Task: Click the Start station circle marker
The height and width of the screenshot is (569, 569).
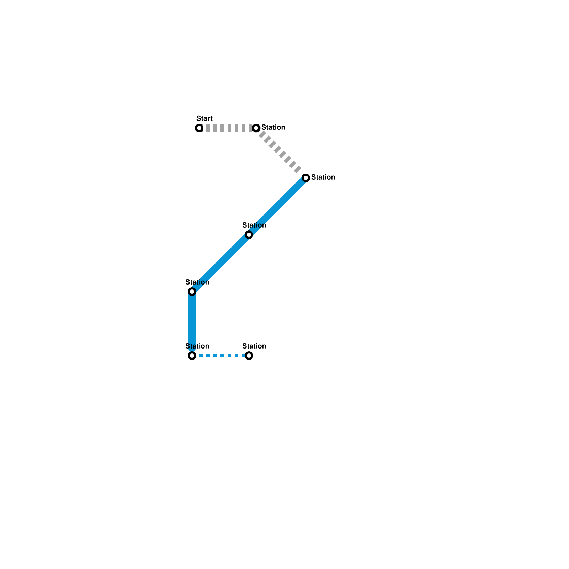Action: pos(199,128)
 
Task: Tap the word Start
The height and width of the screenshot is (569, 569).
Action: pos(204,118)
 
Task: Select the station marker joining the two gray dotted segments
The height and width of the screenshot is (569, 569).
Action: pos(256,128)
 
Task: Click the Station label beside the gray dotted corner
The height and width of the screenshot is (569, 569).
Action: pos(273,127)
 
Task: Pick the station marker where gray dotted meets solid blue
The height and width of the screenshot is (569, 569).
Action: pos(306,178)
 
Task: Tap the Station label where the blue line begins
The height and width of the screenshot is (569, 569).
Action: pos(323,177)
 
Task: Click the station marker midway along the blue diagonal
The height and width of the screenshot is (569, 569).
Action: pos(249,235)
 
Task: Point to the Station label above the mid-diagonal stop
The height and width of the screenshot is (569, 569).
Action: pos(254,225)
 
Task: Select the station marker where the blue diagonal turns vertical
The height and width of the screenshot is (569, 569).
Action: pos(192,292)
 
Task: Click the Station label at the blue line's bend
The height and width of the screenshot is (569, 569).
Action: pos(197,282)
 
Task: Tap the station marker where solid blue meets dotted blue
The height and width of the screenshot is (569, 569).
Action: pos(192,356)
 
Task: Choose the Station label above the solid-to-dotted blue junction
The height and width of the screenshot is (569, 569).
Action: pos(197,346)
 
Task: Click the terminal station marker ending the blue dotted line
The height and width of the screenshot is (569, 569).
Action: pos(249,356)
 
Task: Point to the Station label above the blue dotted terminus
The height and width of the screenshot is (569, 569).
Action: pos(254,346)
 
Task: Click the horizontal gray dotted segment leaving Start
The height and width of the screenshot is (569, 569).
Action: pos(228,128)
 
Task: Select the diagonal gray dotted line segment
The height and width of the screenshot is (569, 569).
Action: pos(281,153)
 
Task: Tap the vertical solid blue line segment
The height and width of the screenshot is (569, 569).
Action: pos(192,324)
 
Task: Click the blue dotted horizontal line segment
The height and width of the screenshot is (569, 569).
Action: pos(220,356)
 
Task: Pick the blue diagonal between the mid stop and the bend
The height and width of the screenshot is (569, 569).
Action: pos(220,263)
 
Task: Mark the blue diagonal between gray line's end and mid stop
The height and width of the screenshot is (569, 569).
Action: pos(277,206)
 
